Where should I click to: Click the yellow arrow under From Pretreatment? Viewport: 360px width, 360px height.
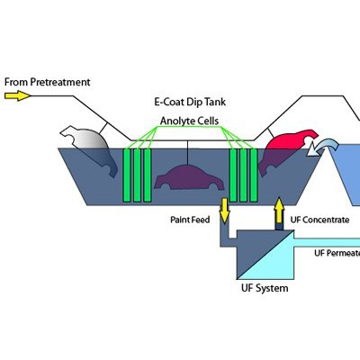click(17, 96)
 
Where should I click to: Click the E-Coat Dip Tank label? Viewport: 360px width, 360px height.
click(190, 102)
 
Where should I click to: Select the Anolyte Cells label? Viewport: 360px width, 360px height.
click(189, 121)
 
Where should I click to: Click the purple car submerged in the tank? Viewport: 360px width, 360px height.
click(189, 178)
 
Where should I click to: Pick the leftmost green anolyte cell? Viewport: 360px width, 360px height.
click(127, 175)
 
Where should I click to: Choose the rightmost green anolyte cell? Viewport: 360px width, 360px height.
click(254, 175)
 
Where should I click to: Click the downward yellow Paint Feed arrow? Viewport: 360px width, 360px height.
click(224, 211)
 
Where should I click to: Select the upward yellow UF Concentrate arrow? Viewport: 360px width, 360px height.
click(279, 211)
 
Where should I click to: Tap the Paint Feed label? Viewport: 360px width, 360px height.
click(190, 220)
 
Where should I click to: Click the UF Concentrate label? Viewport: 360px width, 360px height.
click(319, 220)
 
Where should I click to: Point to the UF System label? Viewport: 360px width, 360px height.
click(265, 288)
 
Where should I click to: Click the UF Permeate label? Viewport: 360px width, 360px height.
click(337, 253)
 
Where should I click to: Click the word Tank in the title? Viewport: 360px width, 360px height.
click(214, 102)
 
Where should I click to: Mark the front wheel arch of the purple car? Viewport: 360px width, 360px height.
click(214, 185)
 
